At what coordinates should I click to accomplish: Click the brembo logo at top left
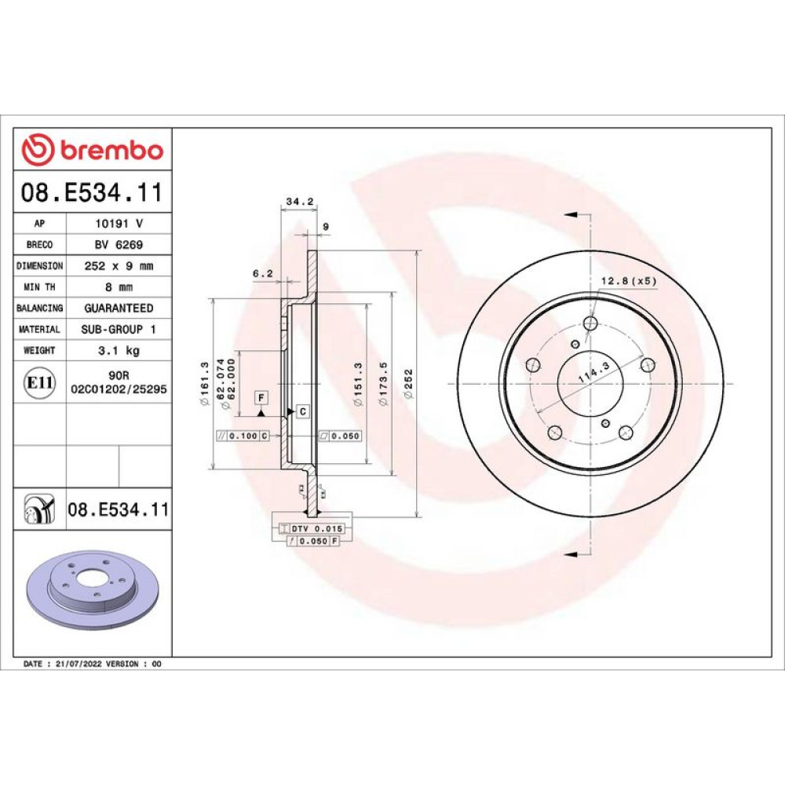click(93, 149)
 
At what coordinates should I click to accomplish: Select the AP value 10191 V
click(119, 223)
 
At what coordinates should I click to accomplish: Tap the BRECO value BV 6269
click(119, 245)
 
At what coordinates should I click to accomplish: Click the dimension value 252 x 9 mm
click(119, 266)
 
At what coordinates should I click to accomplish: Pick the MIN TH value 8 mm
click(119, 287)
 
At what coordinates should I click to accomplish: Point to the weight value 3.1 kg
click(119, 350)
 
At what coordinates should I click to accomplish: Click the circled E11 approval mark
click(39, 383)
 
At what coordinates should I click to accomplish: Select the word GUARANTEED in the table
click(119, 309)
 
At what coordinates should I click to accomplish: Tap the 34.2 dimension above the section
click(299, 201)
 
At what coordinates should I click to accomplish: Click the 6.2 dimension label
click(263, 273)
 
